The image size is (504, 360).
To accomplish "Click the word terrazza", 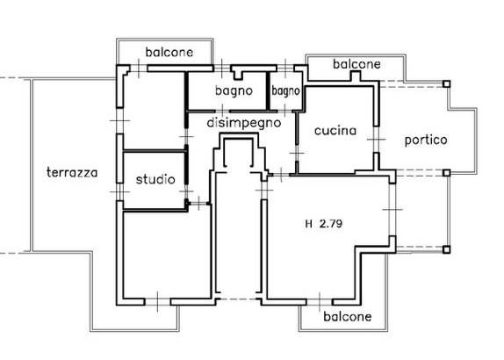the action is tap(72, 173).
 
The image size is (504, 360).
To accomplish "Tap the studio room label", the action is tap(155, 179).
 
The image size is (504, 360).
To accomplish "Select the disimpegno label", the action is tap(244, 123).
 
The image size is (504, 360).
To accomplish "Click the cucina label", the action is tap(335, 131).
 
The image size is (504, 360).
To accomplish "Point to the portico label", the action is tap(426, 140).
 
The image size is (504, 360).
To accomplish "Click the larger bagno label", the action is tap(234, 91).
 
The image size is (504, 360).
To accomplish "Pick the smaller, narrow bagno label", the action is tap(285, 91).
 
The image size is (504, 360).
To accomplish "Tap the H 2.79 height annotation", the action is tap(324, 223).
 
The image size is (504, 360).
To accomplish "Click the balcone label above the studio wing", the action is tap(169, 52).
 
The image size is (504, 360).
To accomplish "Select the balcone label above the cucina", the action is tap(356, 64).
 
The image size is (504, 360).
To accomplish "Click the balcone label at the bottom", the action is tap(348, 317).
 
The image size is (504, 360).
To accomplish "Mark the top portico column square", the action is tap(446, 84).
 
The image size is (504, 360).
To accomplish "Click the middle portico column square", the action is tap(446, 173).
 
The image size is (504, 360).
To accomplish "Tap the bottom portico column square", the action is tap(446, 249).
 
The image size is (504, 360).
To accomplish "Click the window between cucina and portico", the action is tap(377, 140).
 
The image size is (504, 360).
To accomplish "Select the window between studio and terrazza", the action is tap(119, 192).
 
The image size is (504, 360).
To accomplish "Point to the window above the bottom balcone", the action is tap(320, 302).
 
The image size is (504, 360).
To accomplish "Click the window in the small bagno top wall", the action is tap(285, 68).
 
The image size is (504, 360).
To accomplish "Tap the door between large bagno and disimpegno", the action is tap(223, 112).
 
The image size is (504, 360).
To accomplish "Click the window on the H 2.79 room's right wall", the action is tap(392, 209).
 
